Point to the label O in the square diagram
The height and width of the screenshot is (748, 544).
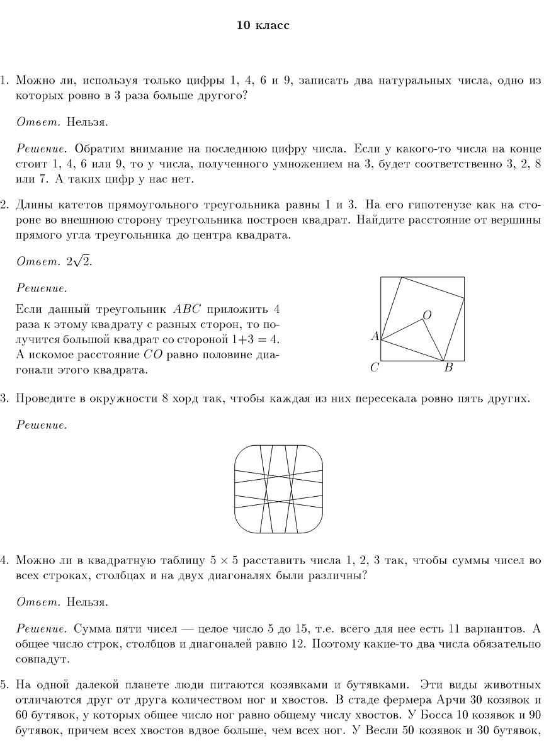click(427, 315)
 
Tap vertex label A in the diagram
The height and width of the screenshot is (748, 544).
click(375, 336)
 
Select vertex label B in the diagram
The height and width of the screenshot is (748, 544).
click(448, 368)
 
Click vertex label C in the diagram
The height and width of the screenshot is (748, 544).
click(374, 368)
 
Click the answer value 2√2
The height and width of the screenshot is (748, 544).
click(79, 262)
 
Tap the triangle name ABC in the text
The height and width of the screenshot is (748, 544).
click(186, 310)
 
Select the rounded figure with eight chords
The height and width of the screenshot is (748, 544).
click(279, 489)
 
